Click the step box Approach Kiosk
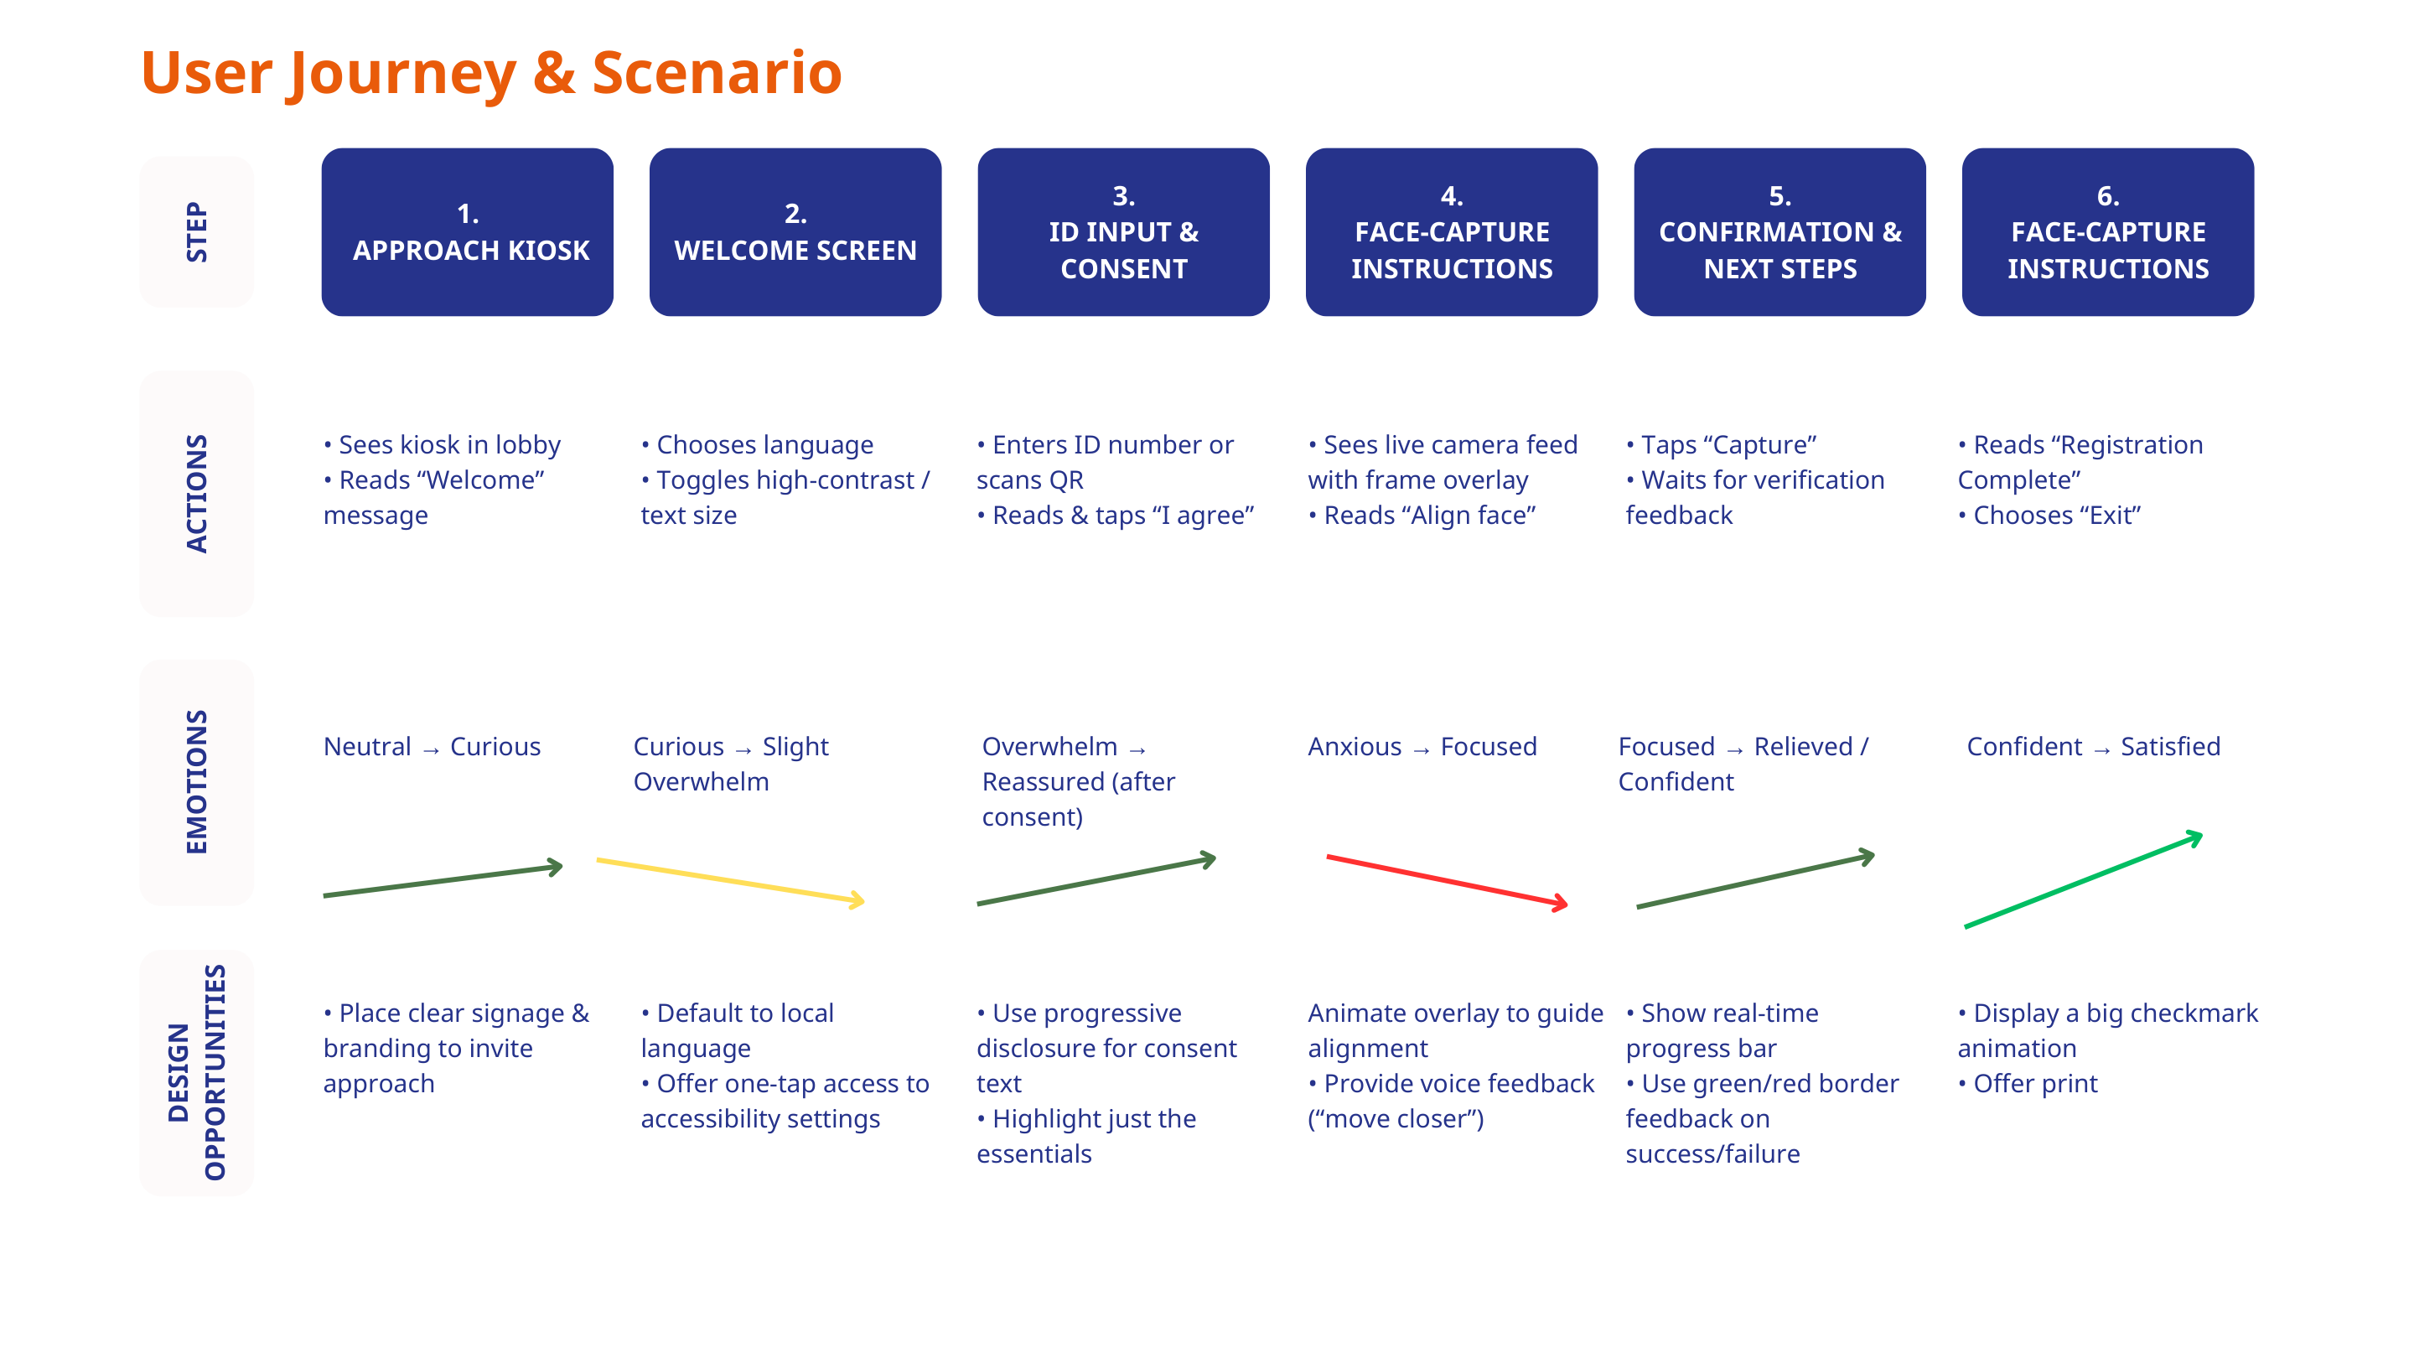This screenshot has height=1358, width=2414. tap(467, 231)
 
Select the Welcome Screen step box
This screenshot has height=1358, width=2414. tap(795, 231)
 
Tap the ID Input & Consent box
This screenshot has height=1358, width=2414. tap(1122, 231)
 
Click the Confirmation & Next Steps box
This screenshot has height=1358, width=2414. tap(1779, 231)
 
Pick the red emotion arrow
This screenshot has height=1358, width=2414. tap(1446, 881)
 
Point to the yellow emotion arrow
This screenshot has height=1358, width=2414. tap(729, 880)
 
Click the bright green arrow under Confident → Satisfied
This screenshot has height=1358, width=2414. tap(2082, 879)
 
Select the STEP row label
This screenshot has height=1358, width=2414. tap(196, 231)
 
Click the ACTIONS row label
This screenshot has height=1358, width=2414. tap(196, 493)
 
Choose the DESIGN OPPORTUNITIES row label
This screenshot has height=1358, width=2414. tap(196, 1072)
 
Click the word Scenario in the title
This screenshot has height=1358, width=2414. tap(716, 73)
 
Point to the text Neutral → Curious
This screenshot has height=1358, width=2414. tap(432, 746)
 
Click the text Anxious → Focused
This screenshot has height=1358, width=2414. tap(1422, 746)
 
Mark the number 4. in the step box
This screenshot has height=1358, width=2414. tap(1451, 196)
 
